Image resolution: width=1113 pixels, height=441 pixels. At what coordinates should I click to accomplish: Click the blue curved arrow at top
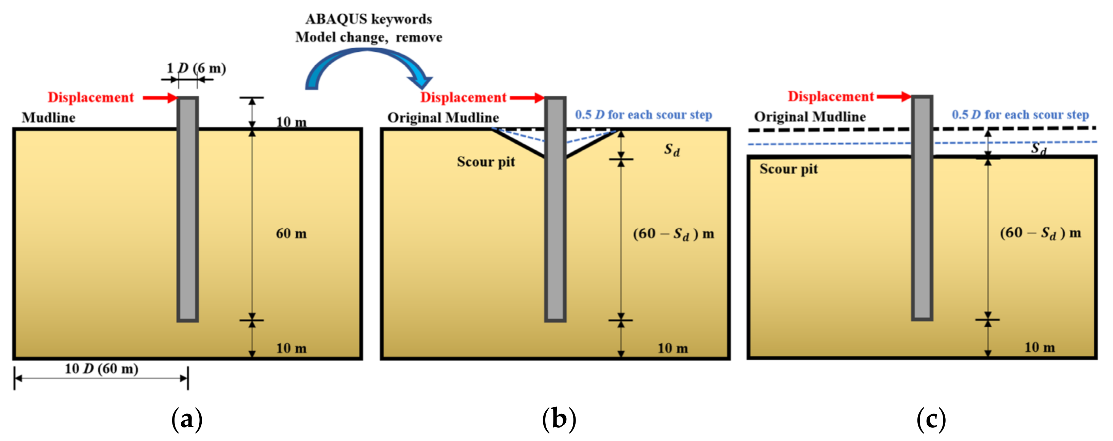click(x=367, y=61)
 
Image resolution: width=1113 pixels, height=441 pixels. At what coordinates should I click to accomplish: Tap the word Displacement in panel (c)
click(x=830, y=96)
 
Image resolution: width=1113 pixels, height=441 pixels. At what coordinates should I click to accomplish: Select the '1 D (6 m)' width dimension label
click(x=196, y=68)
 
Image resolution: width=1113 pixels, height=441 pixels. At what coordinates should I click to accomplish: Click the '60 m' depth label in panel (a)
click(x=291, y=234)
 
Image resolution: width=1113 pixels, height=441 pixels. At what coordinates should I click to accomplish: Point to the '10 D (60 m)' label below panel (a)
click(x=101, y=369)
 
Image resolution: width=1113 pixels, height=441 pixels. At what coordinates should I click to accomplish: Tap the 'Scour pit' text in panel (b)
click(x=486, y=162)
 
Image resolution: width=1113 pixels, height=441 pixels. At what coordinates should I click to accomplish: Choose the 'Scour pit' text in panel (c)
click(x=788, y=169)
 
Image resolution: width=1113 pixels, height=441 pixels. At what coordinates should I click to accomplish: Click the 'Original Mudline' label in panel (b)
click(x=443, y=118)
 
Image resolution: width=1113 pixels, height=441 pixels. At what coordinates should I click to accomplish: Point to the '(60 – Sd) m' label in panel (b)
click(x=673, y=234)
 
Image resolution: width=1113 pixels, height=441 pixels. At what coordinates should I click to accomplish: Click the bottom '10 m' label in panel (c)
click(x=1039, y=347)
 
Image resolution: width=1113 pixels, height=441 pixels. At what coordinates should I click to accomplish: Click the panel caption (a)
click(x=187, y=419)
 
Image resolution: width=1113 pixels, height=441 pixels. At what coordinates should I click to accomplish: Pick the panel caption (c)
click(x=931, y=419)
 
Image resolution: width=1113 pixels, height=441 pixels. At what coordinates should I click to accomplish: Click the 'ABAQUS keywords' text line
click(x=368, y=19)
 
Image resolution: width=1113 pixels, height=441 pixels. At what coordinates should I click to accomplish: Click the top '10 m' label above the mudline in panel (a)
click(x=291, y=122)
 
